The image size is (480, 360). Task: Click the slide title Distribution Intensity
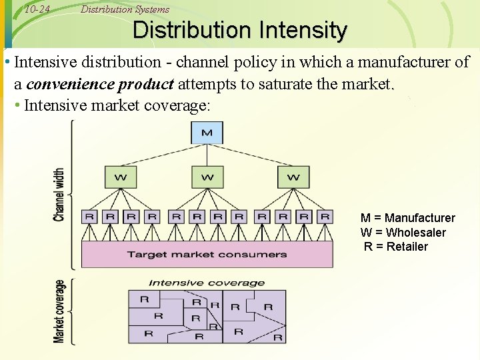[x=240, y=31]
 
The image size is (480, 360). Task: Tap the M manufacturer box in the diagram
[x=207, y=133]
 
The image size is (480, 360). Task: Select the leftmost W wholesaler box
[x=121, y=177]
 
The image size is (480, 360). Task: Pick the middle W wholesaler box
[x=207, y=177]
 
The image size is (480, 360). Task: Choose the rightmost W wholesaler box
[x=293, y=177]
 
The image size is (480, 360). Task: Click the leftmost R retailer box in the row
[x=89, y=217]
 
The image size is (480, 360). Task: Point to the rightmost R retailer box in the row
[x=325, y=217]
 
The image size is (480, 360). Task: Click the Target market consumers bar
[x=207, y=254]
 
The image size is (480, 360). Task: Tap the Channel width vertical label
[x=60, y=194]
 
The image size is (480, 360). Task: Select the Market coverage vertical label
[x=60, y=311]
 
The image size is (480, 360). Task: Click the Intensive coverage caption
[x=206, y=283]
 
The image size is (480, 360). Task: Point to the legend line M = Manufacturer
[x=407, y=218]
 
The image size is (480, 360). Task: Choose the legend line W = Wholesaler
[x=403, y=233]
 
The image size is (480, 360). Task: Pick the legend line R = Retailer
[x=396, y=247]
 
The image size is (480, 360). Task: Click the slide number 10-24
[x=37, y=9]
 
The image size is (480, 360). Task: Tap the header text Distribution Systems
[x=125, y=9]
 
